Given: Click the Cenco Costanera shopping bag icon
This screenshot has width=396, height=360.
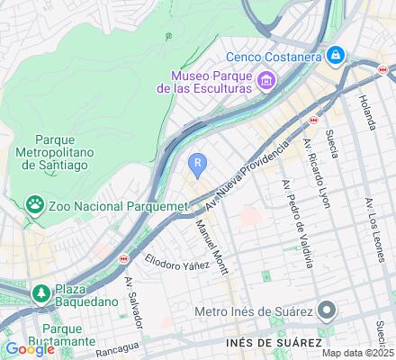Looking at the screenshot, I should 336,56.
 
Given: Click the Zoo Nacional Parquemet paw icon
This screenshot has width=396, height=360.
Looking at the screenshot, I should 35,205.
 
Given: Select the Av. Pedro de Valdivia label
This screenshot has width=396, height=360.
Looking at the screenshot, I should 297,221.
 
